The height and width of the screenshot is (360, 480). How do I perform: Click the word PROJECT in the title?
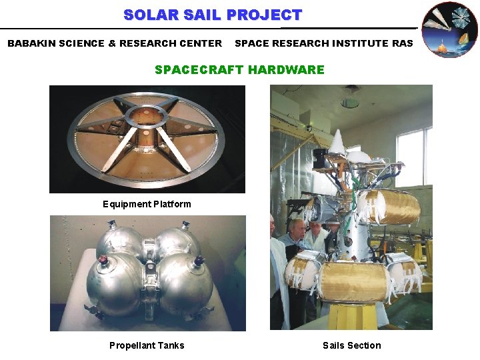265,15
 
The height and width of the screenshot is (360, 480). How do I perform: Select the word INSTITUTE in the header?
360,43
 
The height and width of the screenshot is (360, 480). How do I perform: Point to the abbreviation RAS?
402,43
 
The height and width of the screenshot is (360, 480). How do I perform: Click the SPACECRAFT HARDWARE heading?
239,69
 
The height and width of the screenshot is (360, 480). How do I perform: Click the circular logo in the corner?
450,29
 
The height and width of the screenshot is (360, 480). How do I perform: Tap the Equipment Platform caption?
147,204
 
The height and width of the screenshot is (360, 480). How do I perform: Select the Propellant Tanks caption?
147,345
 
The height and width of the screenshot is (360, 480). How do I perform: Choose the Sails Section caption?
351,345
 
